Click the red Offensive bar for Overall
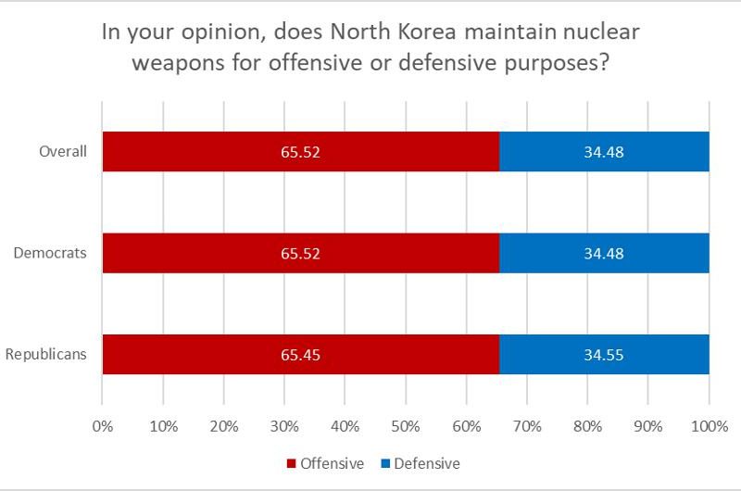point(232,152)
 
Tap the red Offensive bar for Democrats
point(232,253)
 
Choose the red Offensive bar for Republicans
point(232,354)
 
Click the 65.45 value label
point(300,355)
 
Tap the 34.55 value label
point(604,355)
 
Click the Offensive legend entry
point(325,462)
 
